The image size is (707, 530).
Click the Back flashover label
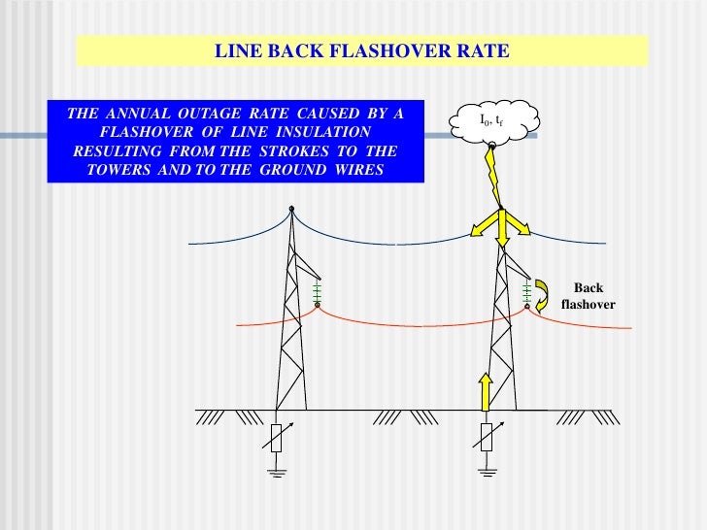588,296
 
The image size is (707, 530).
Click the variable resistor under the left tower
277,438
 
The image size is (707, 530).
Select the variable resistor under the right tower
485,438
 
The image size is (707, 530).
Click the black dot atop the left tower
290,207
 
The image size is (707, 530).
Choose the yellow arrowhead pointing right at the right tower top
523,229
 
